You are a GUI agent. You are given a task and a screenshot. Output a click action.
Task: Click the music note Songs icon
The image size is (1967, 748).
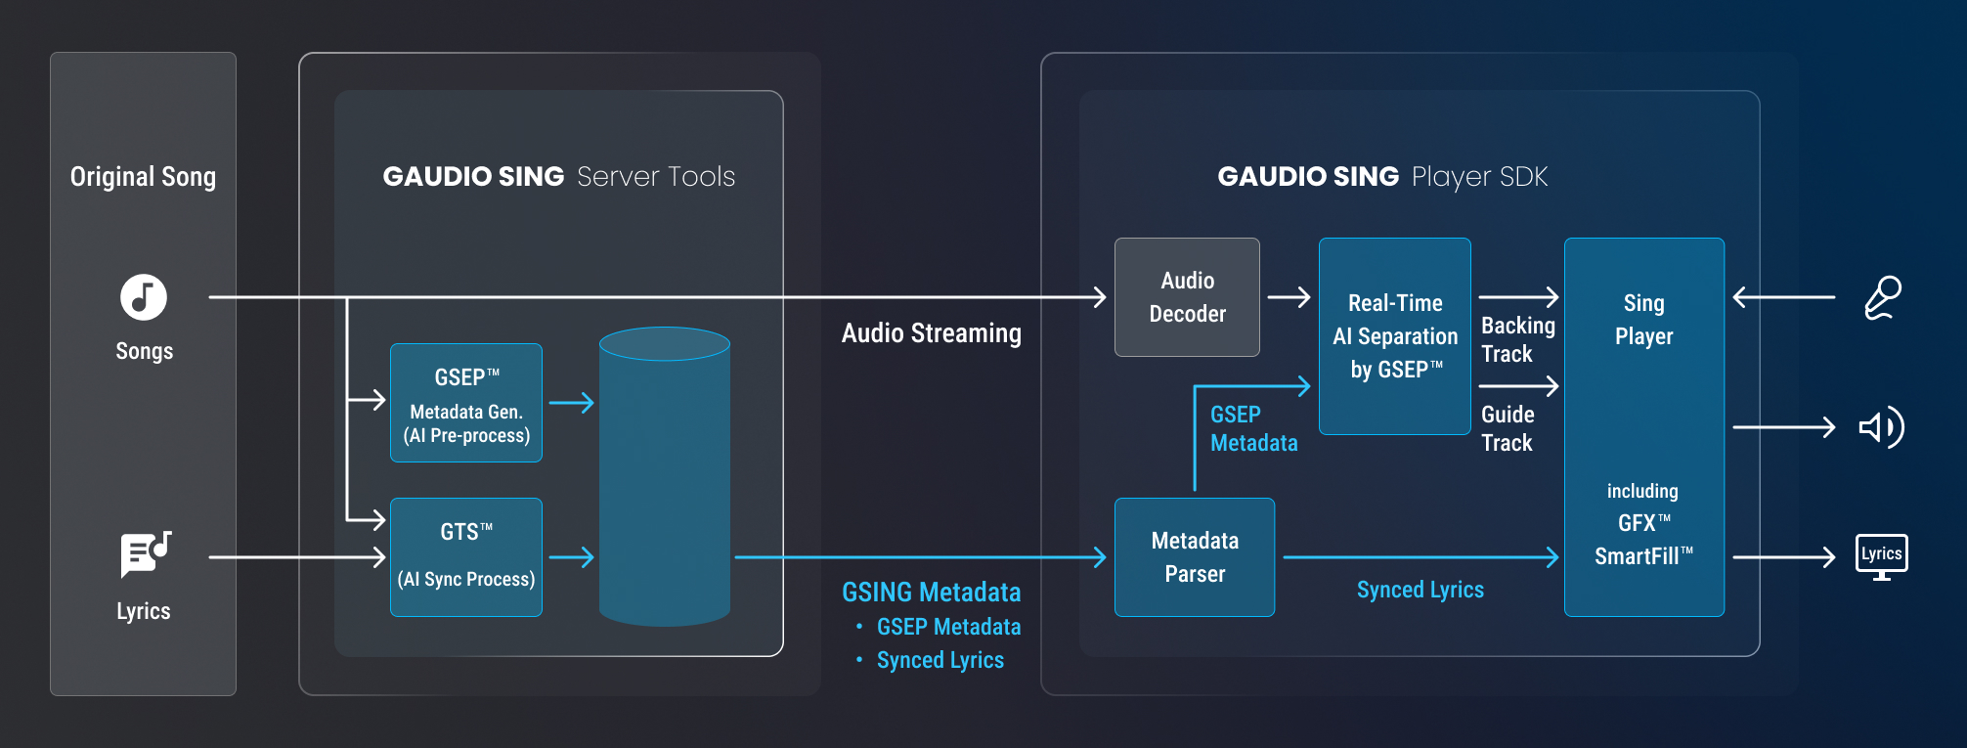[x=144, y=297]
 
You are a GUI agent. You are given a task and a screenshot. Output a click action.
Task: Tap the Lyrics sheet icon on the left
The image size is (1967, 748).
[x=145, y=554]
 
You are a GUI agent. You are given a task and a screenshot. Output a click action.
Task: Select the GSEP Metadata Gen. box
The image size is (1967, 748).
[x=466, y=403]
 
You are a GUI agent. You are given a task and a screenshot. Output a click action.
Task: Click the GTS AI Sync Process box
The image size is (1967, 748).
[x=466, y=557]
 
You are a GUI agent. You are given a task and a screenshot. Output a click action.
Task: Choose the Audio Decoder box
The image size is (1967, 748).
[x=1187, y=297]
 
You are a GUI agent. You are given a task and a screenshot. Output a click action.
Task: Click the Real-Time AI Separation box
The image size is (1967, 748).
[x=1395, y=336]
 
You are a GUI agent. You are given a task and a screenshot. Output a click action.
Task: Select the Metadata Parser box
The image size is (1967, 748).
[x=1195, y=557]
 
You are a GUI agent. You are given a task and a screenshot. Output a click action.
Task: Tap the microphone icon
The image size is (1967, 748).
[x=1883, y=297]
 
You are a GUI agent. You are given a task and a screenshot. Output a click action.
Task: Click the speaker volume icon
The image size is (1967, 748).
[x=1881, y=427]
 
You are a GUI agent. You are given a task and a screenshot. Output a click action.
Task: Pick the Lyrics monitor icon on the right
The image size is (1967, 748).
[x=1882, y=556]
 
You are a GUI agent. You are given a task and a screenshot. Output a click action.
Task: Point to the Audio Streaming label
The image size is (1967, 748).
[x=932, y=333]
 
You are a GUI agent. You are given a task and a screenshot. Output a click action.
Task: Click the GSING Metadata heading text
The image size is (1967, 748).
[x=932, y=593]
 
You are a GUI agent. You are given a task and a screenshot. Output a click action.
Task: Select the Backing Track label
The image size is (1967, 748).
[x=1517, y=339]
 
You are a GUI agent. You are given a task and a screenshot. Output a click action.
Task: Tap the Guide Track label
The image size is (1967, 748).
[x=1508, y=428]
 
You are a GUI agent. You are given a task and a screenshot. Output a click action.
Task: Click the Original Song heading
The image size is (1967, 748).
[x=143, y=177]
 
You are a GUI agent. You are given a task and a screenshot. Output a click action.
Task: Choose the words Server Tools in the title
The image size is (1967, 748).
[x=656, y=177]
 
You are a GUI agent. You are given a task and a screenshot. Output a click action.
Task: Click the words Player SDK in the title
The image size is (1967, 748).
[x=1480, y=177]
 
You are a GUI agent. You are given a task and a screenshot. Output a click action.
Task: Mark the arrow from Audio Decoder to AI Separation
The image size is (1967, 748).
[x=1289, y=297]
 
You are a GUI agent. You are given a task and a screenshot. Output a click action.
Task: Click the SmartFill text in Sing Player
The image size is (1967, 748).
[x=1642, y=556]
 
